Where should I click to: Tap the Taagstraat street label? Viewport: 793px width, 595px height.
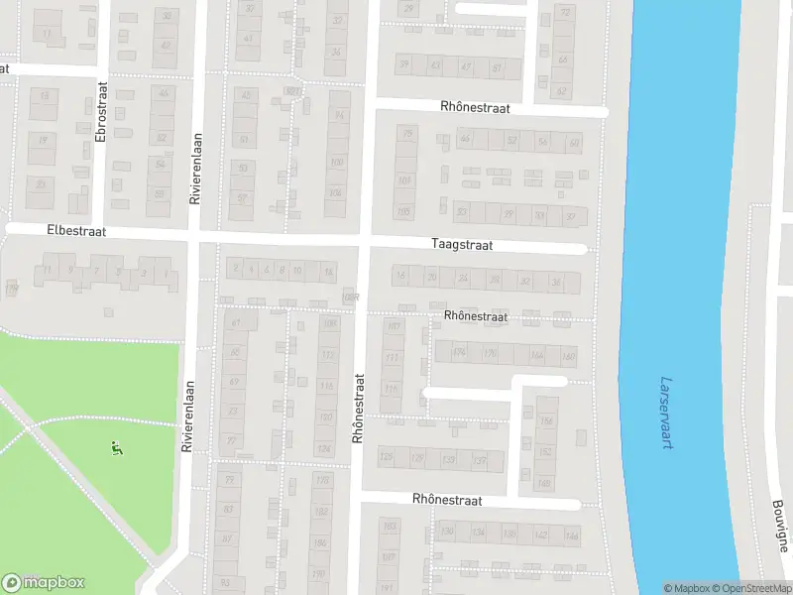(462, 243)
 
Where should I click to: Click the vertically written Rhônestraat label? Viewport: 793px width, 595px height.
(358, 408)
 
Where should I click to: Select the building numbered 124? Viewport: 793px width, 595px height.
(323, 449)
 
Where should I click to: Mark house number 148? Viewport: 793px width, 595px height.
(544, 483)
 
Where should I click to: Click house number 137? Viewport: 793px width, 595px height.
(480, 460)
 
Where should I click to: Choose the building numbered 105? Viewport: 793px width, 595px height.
(403, 211)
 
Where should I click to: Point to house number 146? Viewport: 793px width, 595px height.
(571, 535)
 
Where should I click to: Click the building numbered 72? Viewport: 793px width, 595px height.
(566, 12)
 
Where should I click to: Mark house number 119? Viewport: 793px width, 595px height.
(12, 289)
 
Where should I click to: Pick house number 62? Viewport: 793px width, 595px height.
(562, 91)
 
